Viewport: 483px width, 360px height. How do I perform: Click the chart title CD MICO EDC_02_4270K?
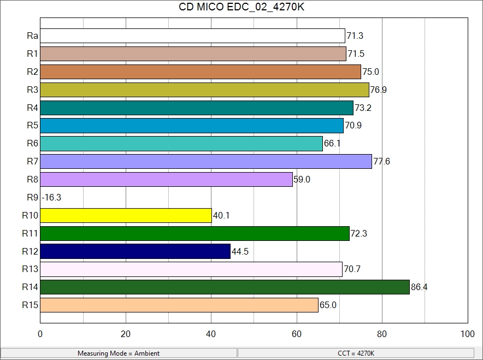tap(241, 8)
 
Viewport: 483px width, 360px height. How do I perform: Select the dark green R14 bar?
tap(225, 287)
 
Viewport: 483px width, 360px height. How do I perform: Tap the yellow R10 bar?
tap(126, 215)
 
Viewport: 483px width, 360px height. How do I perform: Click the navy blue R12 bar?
tap(135, 251)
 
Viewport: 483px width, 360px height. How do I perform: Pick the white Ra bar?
tap(192, 36)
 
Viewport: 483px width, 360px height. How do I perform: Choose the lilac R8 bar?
tap(166, 179)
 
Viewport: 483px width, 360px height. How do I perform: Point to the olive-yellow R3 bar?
tap(204, 90)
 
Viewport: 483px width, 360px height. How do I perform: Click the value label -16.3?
tap(51, 197)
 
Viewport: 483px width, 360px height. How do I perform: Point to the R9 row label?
tap(32, 197)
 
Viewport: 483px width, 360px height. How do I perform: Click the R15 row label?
tap(30, 305)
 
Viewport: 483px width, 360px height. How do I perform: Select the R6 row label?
tap(32, 144)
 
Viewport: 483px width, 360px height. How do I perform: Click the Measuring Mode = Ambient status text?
tap(119, 353)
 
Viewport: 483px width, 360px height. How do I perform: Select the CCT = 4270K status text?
tap(356, 353)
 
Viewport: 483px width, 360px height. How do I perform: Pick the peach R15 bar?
tap(179, 305)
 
